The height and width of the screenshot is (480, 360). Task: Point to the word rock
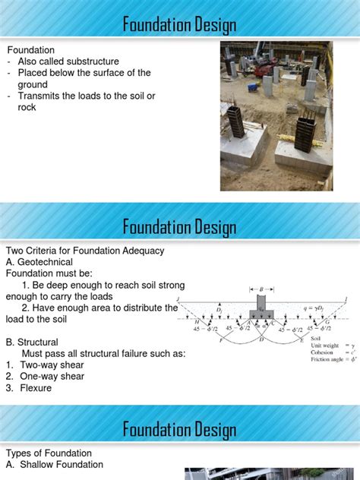pos(27,107)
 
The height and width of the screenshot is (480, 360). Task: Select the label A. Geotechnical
pos(39,262)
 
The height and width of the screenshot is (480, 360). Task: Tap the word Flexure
pos(36,388)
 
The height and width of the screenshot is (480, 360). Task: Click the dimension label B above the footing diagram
pos(261,289)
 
